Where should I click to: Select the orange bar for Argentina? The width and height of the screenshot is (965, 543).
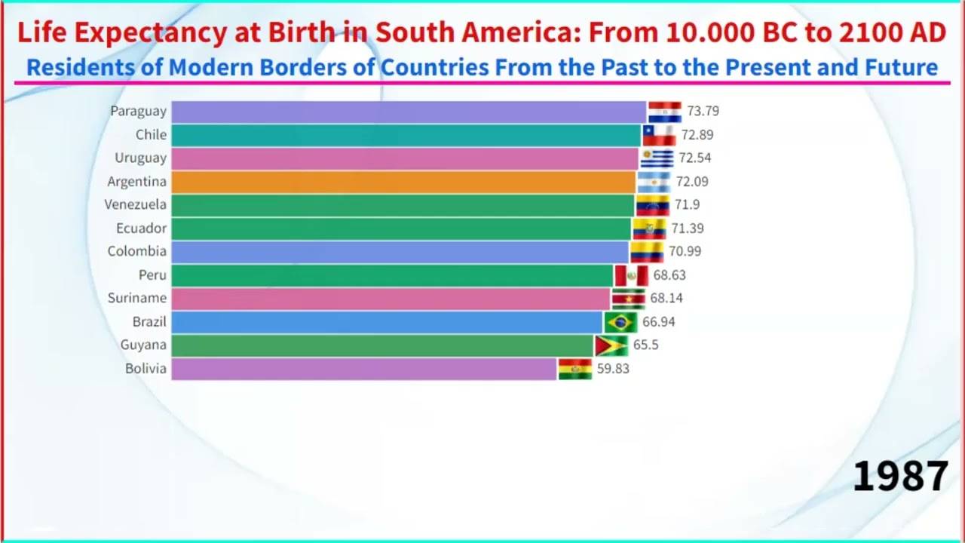pos(403,182)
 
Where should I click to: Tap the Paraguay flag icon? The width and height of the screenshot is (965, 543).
pos(664,112)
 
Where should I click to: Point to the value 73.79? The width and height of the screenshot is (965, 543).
pos(703,111)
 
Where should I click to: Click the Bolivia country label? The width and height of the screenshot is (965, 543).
pos(146,369)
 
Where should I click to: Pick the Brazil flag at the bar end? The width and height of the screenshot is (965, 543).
pos(620,323)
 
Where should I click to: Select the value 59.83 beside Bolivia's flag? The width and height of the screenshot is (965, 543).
pos(613,369)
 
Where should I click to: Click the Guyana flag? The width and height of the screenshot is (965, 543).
pos(611,346)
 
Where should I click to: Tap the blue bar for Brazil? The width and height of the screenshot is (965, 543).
pos(387,323)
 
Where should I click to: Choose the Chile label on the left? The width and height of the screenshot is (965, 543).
pos(151,135)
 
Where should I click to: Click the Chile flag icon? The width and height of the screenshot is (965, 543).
pos(659,135)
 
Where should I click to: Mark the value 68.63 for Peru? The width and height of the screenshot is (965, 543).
pos(669,275)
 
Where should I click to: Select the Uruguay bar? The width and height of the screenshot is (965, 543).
pos(405,158)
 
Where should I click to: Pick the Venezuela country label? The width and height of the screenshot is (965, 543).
pos(136,205)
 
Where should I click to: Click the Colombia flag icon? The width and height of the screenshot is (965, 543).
pos(647,252)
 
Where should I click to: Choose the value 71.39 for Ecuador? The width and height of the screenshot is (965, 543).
pos(687,229)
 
